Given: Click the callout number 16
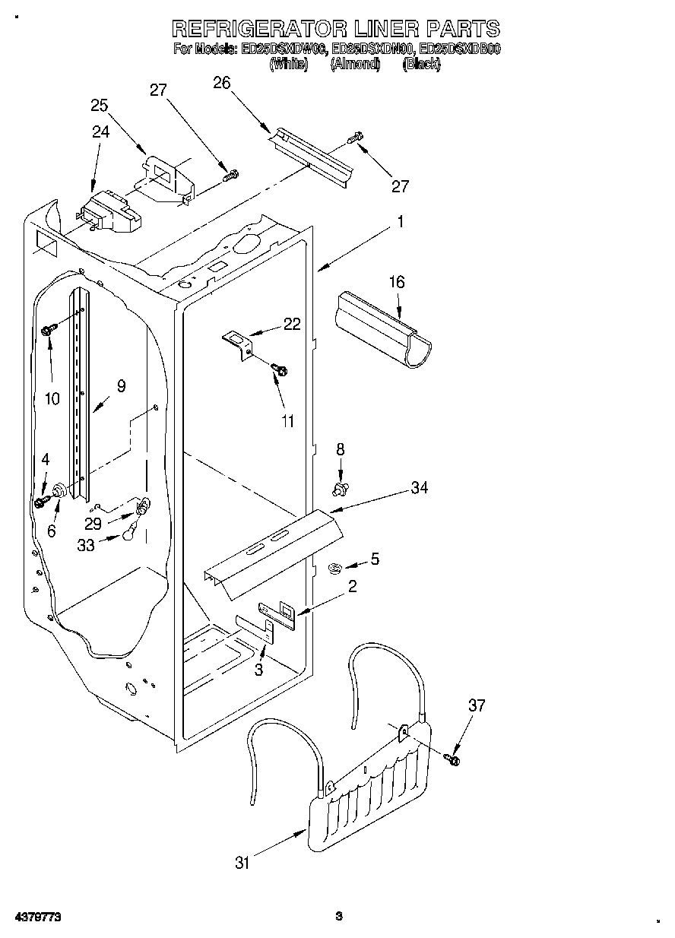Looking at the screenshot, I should click(397, 283).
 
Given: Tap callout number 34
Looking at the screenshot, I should click(419, 488).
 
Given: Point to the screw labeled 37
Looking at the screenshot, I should click(455, 756).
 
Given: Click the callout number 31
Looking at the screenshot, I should click(242, 862).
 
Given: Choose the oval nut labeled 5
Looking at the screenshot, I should click(334, 566).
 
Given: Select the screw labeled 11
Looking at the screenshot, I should click(279, 370).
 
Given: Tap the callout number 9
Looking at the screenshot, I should click(120, 385).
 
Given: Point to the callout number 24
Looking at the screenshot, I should click(100, 132).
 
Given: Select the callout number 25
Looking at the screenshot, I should click(99, 106).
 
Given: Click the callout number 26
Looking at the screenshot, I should click(221, 83).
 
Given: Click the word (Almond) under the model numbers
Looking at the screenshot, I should click(355, 65).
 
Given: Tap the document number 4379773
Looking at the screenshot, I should click(37, 917).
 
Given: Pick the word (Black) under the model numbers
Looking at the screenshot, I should click(421, 65).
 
